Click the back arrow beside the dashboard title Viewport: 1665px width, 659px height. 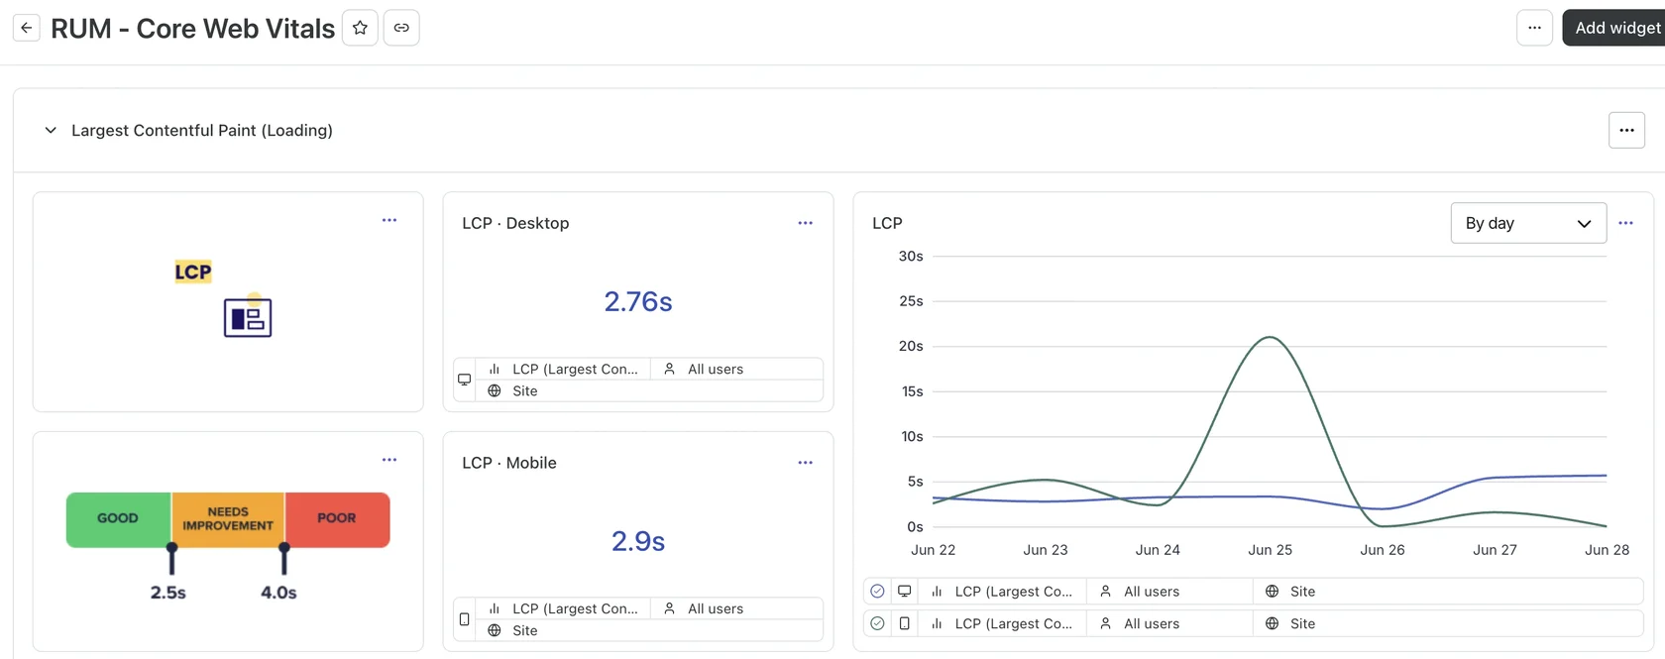click(x=27, y=28)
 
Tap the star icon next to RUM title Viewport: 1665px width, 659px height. click(x=361, y=28)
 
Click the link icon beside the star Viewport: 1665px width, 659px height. click(x=401, y=28)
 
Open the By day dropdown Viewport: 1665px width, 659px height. click(x=1528, y=223)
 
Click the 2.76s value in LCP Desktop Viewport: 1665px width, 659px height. click(x=638, y=301)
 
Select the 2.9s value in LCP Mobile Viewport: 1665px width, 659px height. click(x=638, y=541)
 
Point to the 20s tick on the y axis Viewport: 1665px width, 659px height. click(x=911, y=346)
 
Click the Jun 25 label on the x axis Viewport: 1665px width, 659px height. click(x=1270, y=550)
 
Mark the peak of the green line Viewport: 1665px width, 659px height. click(x=1271, y=337)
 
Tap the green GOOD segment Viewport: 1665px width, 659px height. click(x=119, y=519)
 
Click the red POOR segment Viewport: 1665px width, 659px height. click(x=337, y=519)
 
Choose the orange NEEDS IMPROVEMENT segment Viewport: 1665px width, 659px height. click(x=228, y=519)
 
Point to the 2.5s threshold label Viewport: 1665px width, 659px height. click(x=168, y=593)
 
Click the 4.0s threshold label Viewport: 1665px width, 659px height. click(x=278, y=593)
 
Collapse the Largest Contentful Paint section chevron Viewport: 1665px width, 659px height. click(x=51, y=130)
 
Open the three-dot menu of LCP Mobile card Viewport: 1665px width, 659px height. click(x=805, y=462)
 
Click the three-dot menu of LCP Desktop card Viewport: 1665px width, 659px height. click(x=805, y=223)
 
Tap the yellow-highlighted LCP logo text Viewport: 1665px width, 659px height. click(x=193, y=272)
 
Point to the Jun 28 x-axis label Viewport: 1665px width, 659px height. click(x=1608, y=550)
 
